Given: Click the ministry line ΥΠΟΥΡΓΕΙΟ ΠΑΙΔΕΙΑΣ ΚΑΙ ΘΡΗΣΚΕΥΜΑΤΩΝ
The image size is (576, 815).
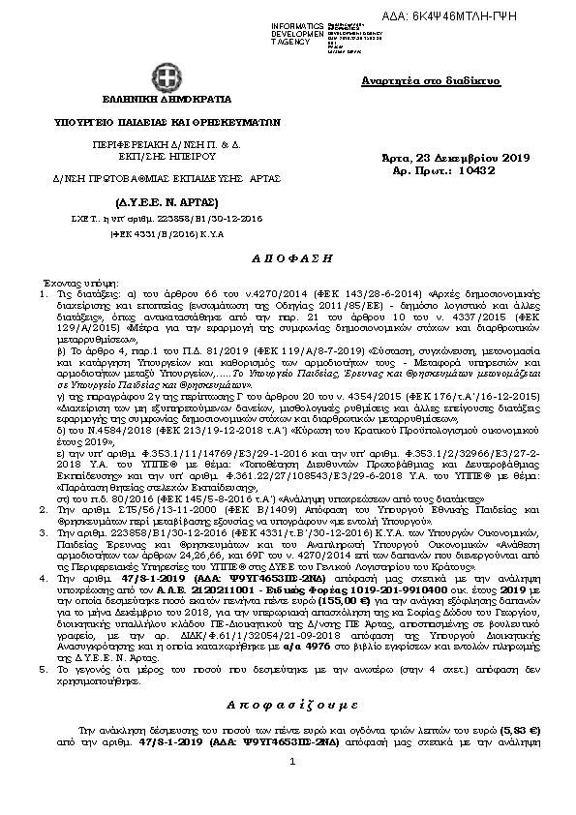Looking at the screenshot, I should [x=166, y=124].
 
